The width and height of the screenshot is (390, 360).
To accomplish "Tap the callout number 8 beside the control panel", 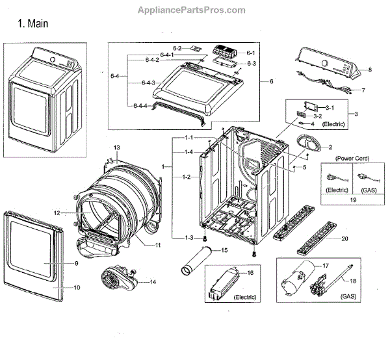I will coord(369,70).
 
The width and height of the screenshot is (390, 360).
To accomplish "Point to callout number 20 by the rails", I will coord(344,238).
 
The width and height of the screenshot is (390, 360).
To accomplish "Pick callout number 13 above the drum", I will coord(117,149).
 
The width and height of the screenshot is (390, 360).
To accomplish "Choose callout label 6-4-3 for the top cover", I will coord(148,83).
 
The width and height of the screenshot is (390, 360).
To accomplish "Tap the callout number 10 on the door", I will coord(76,287).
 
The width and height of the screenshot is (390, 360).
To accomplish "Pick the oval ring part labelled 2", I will coord(304,144).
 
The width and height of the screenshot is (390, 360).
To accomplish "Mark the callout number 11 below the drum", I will coord(157,244).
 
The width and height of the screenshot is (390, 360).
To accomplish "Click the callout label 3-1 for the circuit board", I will coord(330,107).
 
